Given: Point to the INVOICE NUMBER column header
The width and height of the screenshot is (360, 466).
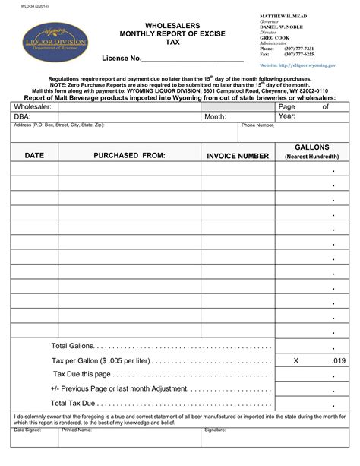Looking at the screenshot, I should [x=238, y=156].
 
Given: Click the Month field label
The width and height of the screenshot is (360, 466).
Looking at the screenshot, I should [x=215, y=117].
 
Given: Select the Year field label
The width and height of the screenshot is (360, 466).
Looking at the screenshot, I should [x=287, y=116].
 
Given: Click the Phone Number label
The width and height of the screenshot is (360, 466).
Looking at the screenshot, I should [x=257, y=125].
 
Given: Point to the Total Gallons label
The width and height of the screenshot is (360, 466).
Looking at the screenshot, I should [x=70, y=345].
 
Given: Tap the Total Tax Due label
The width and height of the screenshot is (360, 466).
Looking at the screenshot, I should [x=73, y=403].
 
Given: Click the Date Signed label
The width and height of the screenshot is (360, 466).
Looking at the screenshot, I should [x=28, y=430].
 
